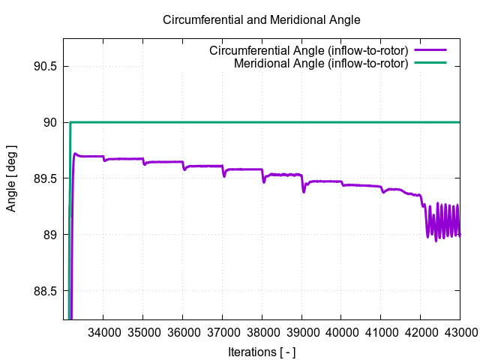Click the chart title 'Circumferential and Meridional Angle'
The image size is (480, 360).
262,19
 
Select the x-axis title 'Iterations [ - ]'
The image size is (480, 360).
262,351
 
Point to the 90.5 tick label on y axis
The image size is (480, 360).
45,66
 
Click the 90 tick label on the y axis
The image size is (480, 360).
50,122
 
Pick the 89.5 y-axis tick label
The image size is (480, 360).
45,178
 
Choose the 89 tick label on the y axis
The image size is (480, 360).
50,235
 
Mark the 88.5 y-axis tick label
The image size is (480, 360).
45,291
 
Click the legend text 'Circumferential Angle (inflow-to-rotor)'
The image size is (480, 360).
308,51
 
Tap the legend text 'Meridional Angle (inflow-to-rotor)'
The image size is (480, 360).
321,63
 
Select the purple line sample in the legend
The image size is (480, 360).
430,51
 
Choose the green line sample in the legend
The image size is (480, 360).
430,63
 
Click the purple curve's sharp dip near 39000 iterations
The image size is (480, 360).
304,191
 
